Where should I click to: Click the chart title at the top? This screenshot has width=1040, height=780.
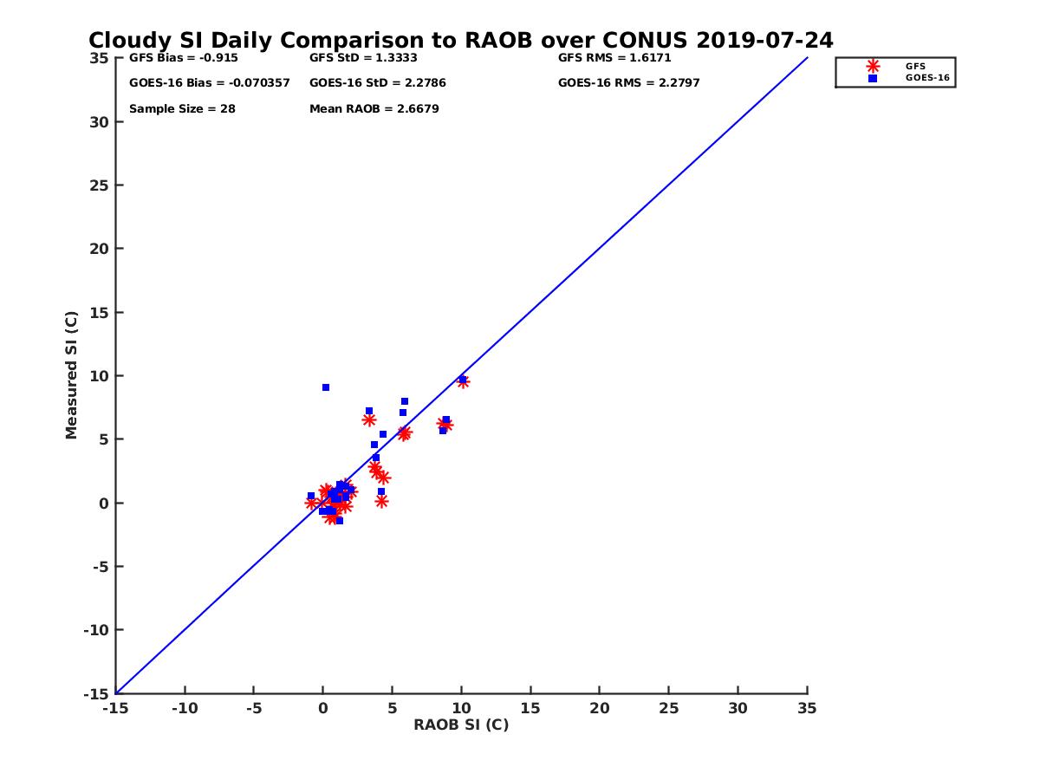pyautogui.click(x=460, y=41)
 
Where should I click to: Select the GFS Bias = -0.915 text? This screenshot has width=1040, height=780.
pyautogui.click(x=183, y=58)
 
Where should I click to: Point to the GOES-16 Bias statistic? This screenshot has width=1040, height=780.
pyautogui.click(x=209, y=83)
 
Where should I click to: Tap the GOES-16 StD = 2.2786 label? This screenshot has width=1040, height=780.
pyautogui.click(x=377, y=83)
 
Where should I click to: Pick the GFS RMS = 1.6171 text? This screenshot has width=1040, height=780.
pyautogui.click(x=614, y=58)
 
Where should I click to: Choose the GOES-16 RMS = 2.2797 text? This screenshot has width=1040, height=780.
pyautogui.click(x=628, y=83)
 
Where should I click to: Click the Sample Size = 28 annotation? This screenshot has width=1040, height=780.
pyautogui.click(x=182, y=109)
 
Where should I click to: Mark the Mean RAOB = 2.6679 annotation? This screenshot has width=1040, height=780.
pyautogui.click(x=374, y=109)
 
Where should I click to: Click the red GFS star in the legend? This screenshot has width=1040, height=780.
pyautogui.click(x=873, y=66)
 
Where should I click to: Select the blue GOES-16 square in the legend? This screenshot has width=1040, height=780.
pyautogui.click(x=873, y=78)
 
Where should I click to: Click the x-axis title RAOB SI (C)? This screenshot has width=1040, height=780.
pyautogui.click(x=460, y=725)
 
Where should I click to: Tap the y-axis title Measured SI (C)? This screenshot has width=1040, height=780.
pyautogui.click(x=72, y=375)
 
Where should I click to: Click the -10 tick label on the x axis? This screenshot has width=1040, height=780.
pyautogui.click(x=184, y=708)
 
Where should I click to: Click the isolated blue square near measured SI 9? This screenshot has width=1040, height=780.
pyautogui.click(x=326, y=387)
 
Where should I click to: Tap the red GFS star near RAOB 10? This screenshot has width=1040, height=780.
pyautogui.click(x=463, y=381)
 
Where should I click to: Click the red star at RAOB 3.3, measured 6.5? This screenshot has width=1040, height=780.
pyautogui.click(x=369, y=419)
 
